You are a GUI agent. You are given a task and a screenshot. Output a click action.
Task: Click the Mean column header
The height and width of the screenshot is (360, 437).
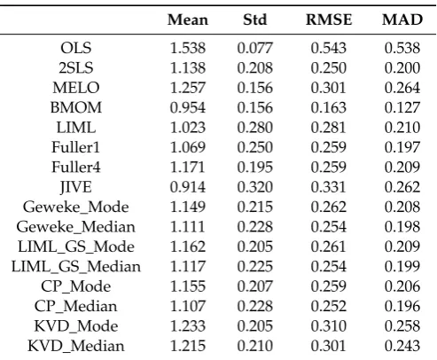(x=188, y=20)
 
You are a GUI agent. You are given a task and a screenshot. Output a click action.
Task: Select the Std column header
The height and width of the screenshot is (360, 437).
(x=255, y=20)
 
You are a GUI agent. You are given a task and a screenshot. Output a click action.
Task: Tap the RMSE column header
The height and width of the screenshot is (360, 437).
(x=329, y=20)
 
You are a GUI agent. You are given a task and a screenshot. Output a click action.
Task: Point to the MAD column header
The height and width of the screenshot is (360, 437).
(x=402, y=20)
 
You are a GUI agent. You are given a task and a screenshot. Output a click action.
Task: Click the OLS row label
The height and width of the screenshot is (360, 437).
(x=76, y=48)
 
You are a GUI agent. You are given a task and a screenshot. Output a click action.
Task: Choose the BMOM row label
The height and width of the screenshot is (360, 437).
(x=76, y=107)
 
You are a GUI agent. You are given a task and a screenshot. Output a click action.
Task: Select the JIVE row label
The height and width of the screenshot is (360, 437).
(x=76, y=187)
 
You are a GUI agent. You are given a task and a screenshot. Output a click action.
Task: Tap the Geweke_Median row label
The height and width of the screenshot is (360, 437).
(x=76, y=227)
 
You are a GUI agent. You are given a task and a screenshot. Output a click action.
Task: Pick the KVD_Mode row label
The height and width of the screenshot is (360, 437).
(x=76, y=326)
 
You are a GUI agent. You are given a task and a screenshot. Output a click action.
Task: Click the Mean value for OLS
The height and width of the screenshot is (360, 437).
(x=188, y=48)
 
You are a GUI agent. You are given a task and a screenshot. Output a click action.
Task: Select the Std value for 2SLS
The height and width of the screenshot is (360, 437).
(x=255, y=67)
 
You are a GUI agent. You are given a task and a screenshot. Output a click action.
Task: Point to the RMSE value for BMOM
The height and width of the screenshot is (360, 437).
(x=329, y=107)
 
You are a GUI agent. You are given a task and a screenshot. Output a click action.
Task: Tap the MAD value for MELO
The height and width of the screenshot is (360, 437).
(x=402, y=88)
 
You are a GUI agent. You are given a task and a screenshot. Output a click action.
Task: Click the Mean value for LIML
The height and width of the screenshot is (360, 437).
(x=188, y=128)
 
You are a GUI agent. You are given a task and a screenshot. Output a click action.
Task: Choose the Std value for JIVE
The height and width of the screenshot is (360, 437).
(x=255, y=187)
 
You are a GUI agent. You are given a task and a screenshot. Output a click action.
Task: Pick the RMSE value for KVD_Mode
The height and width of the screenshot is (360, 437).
(x=329, y=326)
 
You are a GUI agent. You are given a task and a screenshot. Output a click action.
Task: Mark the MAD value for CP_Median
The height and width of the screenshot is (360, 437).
(x=402, y=306)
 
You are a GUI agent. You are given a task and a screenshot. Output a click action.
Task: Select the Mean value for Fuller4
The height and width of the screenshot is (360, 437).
(x=188, y=167)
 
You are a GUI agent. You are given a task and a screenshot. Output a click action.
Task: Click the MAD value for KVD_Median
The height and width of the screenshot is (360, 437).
(x=402, y=346)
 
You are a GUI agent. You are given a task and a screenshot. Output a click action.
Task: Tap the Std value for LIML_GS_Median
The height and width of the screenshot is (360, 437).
(x=255, y=266)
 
